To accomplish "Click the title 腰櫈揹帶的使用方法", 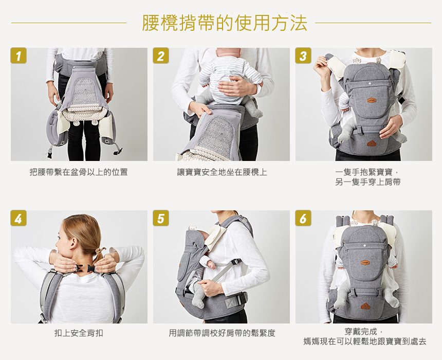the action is (225, 23).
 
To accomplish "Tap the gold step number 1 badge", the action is (19, 56).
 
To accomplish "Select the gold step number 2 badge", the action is (161, 56).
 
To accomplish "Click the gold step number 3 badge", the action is (303, 56).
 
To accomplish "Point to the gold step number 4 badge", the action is (19, 218).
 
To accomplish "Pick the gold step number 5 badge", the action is (161, 218).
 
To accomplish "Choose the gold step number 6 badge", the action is (303, 218).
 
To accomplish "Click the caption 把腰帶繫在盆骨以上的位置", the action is (79, 172).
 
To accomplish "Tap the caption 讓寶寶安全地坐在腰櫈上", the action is (222, 172).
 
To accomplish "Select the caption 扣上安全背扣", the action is (79, 333).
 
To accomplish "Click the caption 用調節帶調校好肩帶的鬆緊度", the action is (222, 333).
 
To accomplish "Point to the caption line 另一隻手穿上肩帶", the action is (368, 182).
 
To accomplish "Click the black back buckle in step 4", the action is (86, 268).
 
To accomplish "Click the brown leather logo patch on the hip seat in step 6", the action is (365, 306).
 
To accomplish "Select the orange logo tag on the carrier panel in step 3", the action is (372, 100).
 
